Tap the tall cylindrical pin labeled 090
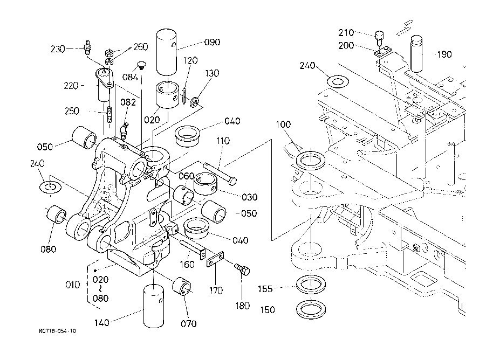170,51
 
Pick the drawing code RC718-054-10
57,331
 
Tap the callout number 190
444,54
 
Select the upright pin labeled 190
418,53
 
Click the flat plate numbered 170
217,261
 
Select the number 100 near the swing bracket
283,125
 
